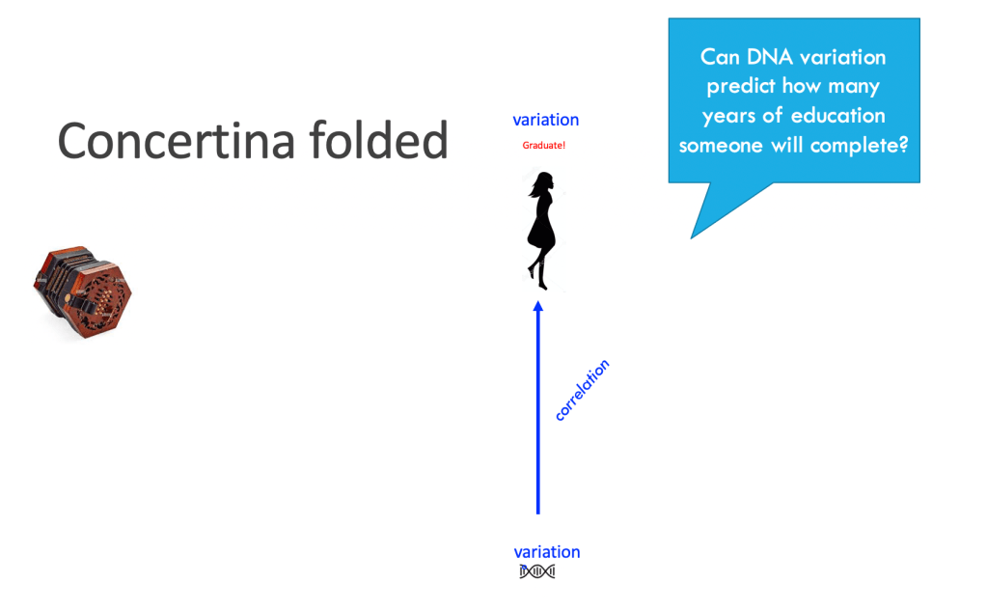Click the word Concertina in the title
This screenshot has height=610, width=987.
(177, 140)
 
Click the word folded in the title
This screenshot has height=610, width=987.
(379, 139)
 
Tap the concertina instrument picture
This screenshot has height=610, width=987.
(82, 292)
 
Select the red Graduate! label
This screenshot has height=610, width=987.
(544, 146)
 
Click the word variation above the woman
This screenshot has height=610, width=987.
(546, 120)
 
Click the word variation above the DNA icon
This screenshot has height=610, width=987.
(547, 552)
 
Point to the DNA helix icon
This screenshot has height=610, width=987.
(537, 571)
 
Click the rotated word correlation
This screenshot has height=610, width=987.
(582, 390)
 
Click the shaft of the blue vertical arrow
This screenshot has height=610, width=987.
(538, 408)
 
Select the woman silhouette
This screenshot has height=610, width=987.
(541, 231)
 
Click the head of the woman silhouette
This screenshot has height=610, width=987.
(544, 181)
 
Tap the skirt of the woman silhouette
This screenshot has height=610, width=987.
(541, 233)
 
